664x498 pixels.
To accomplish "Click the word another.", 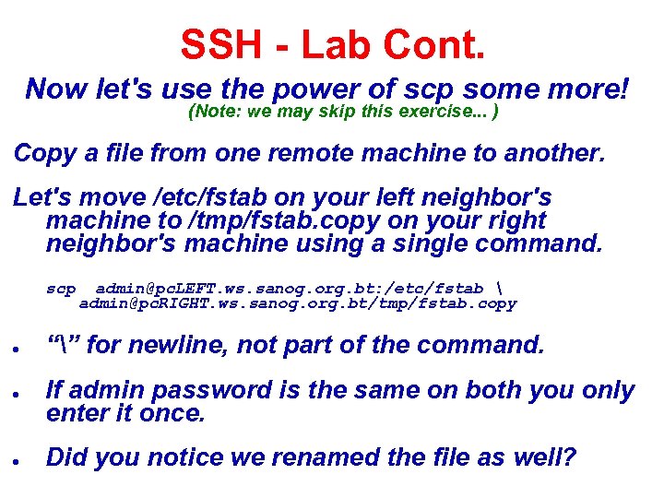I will [x=554, y=153].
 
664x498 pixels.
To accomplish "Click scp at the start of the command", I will [x=62, y=289].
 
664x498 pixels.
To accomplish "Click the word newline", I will [x=184, y=346].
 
